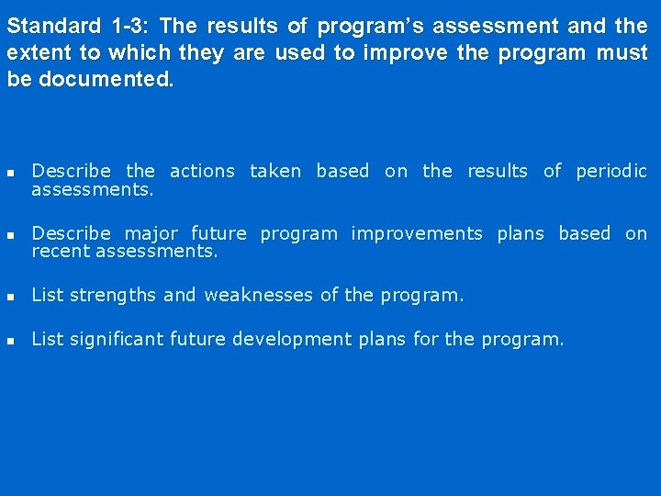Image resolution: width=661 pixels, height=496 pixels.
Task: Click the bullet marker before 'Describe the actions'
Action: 10,173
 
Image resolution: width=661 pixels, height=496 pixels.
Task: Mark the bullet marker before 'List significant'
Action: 10,341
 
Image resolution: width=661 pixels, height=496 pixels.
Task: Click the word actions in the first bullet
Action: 202,171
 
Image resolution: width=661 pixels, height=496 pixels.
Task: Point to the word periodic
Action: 611,171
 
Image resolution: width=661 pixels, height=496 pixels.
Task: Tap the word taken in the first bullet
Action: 275,171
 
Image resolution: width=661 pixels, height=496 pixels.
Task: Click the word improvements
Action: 417,233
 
